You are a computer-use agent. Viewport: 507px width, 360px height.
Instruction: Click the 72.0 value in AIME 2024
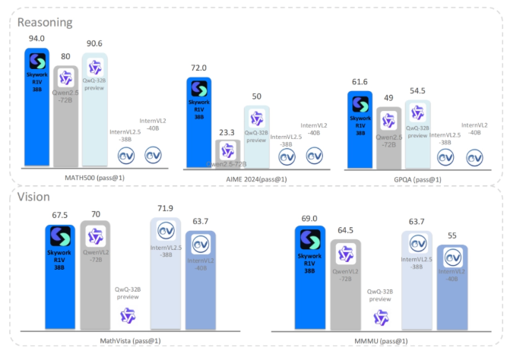(199, 68)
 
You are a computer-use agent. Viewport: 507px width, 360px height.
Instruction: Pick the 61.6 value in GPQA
(360, 82)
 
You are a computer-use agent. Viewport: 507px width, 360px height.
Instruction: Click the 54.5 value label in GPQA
(417, 90)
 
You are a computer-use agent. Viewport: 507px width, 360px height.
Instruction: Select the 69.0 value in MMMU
(309, 217)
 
